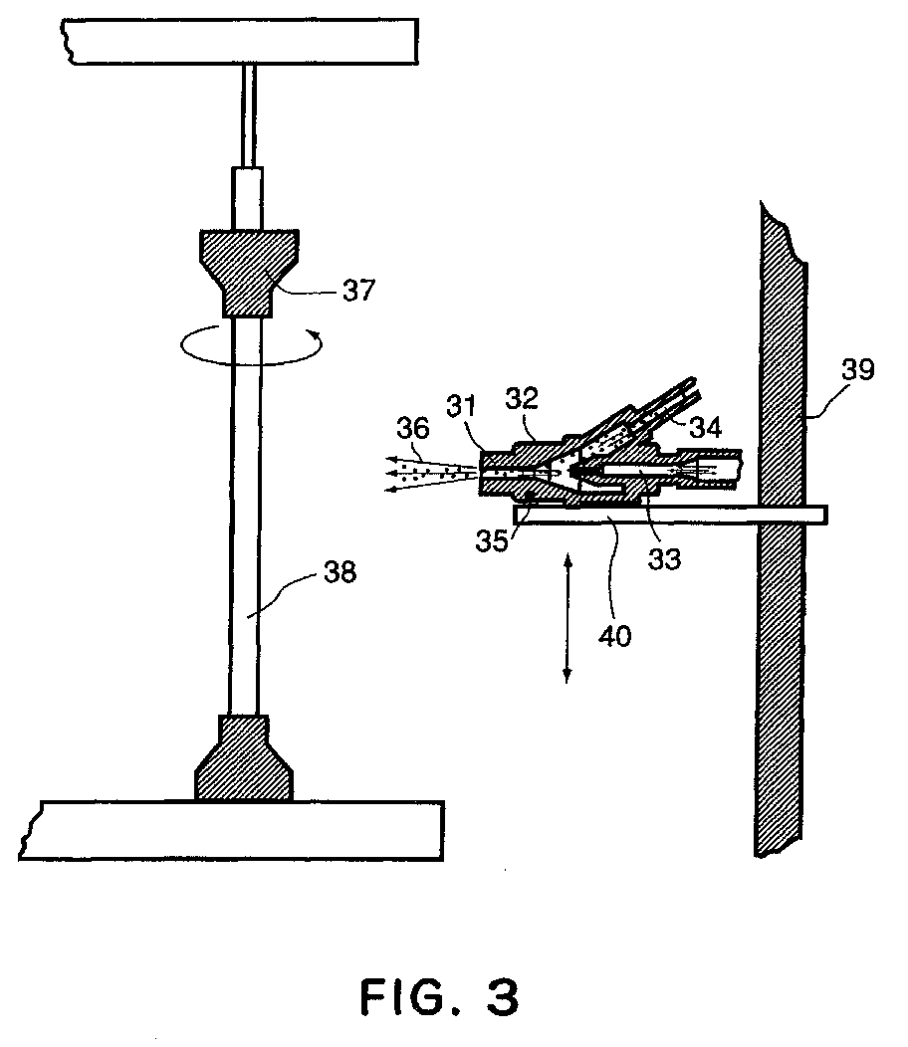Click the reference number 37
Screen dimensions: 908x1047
pyautogui.click(x=358, y=291)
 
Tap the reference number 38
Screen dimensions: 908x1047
pyautogui.click(x=340, y=572)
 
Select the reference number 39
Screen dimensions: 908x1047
pyautogui.click(x=858, y=369)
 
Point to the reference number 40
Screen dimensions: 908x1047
pyautogui.click(x=614, y=636)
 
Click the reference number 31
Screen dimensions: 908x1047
pyautogui.click(x=462, y=407)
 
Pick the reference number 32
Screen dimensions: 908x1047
pyautogui.click(x=522, y=398)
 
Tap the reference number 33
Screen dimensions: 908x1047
pyautogui.click(x=664, y=559)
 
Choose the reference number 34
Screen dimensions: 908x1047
pyautogui.click(x=706, y=427)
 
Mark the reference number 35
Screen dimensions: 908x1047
pyautogui.click(x=492, y=540)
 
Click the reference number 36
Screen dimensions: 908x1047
pyautogui.click(x=413, y=428)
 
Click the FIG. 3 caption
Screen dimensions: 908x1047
pyautogui.click(x=440, y=998)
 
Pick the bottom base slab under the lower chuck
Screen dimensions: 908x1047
pyautogui.click(x=231, y=830)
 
